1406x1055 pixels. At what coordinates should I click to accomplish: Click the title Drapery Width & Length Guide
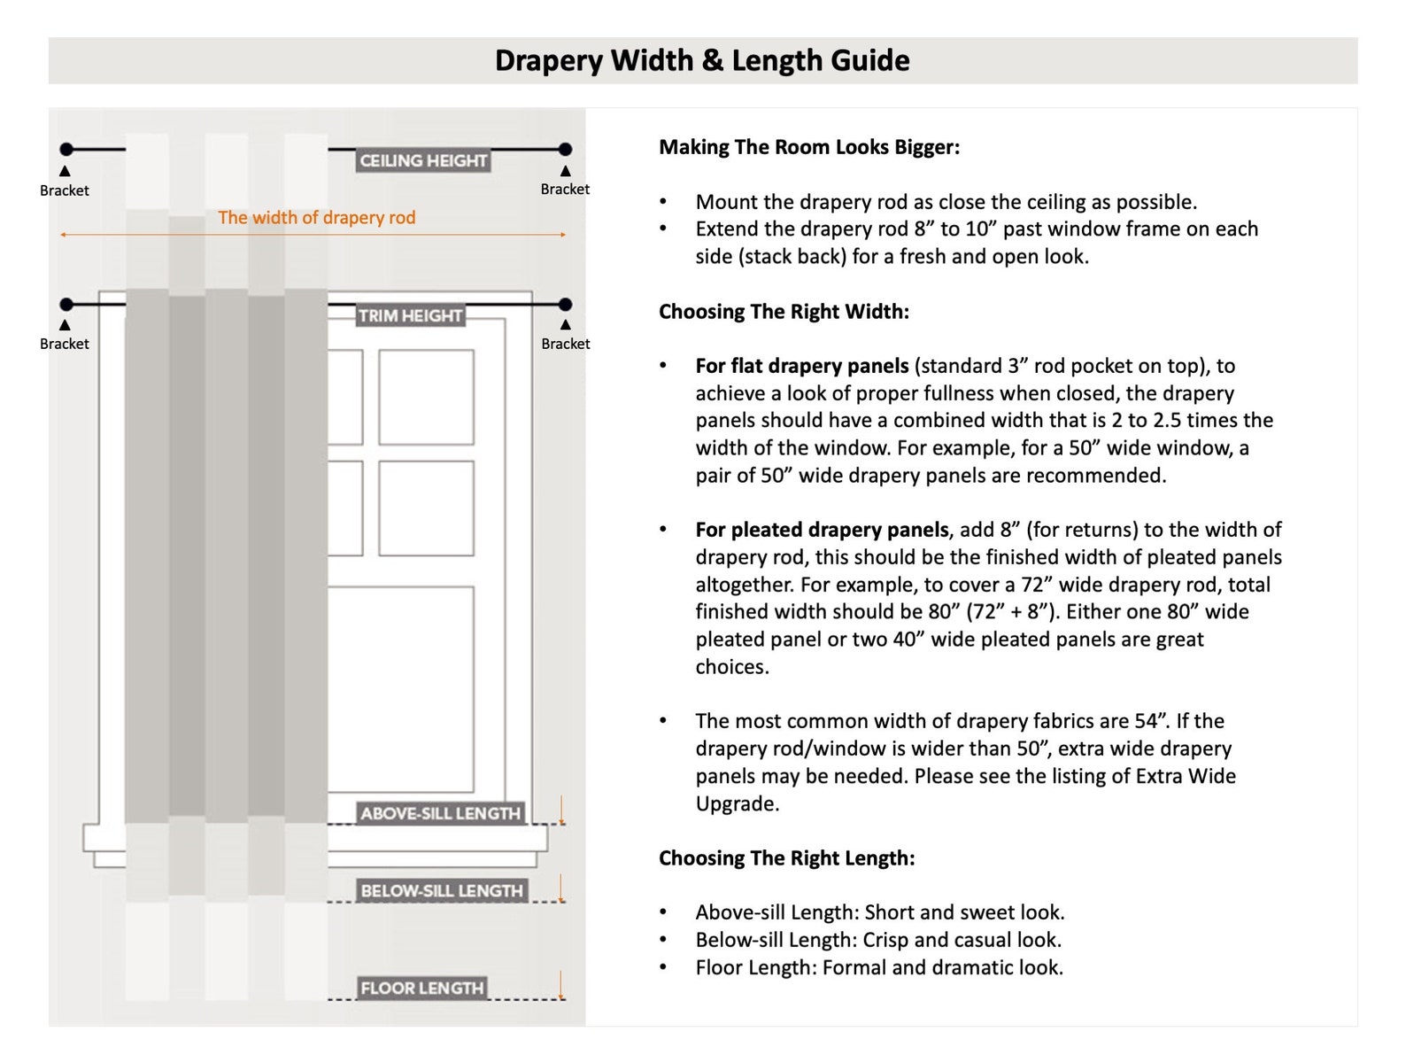(x=702, y=61)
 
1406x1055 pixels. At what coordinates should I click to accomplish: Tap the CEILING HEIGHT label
(x=423, y=160)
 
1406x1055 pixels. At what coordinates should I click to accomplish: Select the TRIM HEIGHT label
(x=410, y=315)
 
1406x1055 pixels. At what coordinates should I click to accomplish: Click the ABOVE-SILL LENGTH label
(x=440, y=813)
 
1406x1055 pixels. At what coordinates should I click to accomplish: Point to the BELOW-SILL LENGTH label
(x=441, y=890)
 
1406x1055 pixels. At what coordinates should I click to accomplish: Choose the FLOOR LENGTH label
(x=421, y=988)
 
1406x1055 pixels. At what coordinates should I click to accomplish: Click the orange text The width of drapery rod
(x=316, y=218)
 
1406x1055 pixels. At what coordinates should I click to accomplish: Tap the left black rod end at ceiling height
(x=66, y=149)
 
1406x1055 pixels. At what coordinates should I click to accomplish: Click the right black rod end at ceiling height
(x=565, y=149)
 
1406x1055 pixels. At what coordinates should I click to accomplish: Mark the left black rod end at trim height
(x=66, y=304)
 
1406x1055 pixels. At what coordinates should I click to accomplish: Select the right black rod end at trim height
(x=565, y=304)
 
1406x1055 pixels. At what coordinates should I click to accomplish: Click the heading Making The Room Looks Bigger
(x=809, y=147)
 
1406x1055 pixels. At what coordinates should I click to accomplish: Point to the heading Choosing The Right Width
(x=784, y=312)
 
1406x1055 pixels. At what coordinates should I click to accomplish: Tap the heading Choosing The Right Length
(x=786, y=858)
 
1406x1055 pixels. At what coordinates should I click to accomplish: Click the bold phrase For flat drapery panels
(x=802, y=367)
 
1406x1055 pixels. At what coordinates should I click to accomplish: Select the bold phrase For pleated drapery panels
(x=822, y=531)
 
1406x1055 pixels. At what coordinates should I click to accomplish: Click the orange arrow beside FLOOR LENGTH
(x=561, y=985)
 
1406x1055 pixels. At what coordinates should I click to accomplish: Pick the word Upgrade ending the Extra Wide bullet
(x=737, y=804)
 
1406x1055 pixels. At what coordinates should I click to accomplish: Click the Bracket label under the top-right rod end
(x=565, y=189)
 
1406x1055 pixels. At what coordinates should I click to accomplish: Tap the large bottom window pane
(x=401, y=689)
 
